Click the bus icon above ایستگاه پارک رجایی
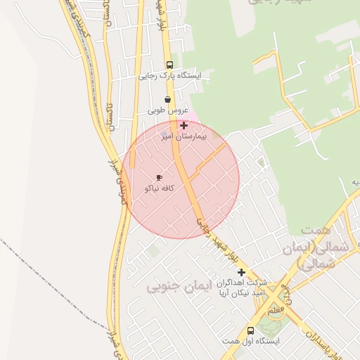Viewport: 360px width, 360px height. click(170, 65)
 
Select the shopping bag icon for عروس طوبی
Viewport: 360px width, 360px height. click(167, 100)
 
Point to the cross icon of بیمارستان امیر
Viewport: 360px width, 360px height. click(184, 125)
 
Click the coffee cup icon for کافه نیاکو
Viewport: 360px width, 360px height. click(159, 177)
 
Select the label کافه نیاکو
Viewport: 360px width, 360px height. click(159, 188)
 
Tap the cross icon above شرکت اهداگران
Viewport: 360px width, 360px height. click(241, 272)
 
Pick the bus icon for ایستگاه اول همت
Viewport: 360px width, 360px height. click(250, 330)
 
